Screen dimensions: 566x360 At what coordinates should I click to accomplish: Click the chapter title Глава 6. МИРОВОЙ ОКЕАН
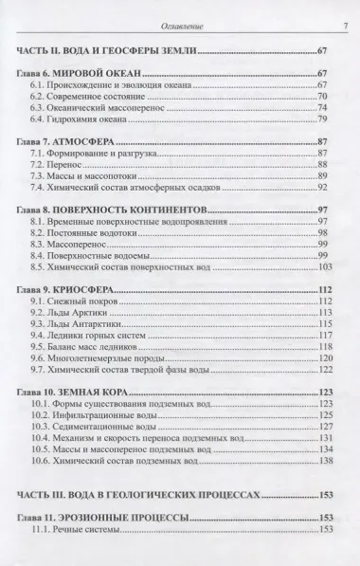[x=87, y=73]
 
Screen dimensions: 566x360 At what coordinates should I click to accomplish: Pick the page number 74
[x=334, y=108]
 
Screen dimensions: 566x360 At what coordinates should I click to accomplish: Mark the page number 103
[x=333, y=266]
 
